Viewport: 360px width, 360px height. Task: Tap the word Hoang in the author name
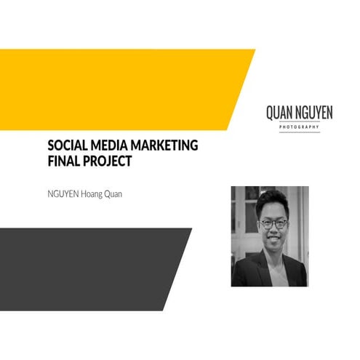[96, 194]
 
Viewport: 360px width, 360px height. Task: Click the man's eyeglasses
[273, 224]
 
